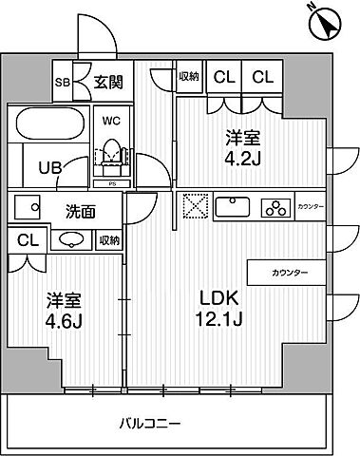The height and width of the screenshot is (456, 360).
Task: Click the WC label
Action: click(x=109, y=122)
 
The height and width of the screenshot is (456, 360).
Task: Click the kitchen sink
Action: click(x=232, y=207)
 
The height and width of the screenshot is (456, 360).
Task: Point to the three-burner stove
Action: click(x=275, y=207)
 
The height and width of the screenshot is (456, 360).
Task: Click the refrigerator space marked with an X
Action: click(x=194, y=207)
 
